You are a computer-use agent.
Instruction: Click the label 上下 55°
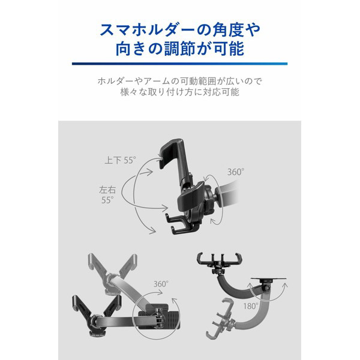(x=121, y=160)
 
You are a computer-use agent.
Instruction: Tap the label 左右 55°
(x=107, y=195)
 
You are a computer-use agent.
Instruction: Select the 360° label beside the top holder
(x=236, y=172)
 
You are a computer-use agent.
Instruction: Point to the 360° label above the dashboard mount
(x=161, y=284)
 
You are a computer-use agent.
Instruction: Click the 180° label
(x=251, y=306)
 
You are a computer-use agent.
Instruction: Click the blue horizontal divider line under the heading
(x=179, y=64)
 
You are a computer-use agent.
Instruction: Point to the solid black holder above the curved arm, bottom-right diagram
(x=219, y=262)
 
